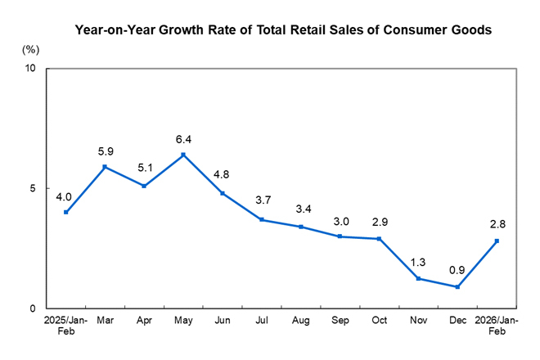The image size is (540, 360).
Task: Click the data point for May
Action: pyautogui.click(x=182, y=155)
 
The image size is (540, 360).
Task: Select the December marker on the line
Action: pyautogui.click(x=457, y=287)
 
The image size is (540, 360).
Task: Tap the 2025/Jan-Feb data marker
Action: pyautogui.click(x=65, y=212)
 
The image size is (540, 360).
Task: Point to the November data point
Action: pyautogui.click(x=418, y=278)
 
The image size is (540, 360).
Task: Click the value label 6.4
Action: pyautogui.click(x=182, y=139)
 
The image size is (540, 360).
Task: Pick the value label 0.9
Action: pyautogui.click(x=457, y=269)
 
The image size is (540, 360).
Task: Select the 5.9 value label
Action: pyautogui.click(x=105, y=151)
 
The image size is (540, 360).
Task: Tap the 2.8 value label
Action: pyautogui.click(x=497, y=224)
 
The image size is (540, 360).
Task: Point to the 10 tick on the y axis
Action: pyautogui.click(x=30, y=69)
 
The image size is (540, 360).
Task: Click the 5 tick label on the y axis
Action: pyautogui.click(x=33, y=188)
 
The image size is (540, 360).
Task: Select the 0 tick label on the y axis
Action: pyautogui.click(x=33, y=308)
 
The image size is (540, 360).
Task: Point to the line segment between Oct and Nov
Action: pyautogui.click(x=398, y=259)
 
